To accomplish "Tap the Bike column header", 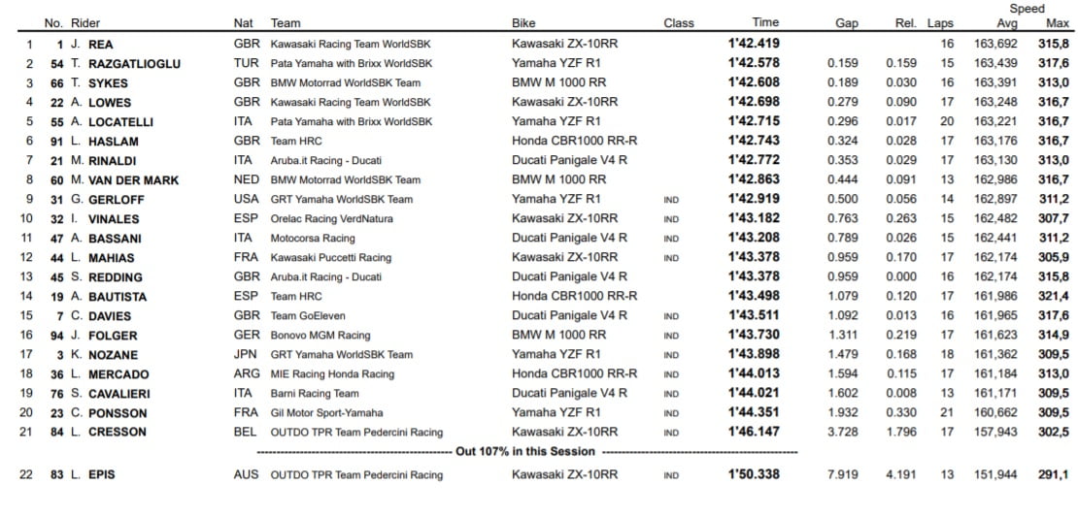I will [x=523, y=23].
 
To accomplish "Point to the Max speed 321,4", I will [x=1053, y=296].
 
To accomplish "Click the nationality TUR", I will [x=247, y=63].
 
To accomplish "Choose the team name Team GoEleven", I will [x=308, y=315].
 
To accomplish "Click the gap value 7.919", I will [x=841, y=474].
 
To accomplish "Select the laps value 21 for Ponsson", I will [x=947, y=412].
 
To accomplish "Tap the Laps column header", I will [x=940, y=23].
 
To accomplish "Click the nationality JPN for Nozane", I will [x=247, y=354].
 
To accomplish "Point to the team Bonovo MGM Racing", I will [x=320, y=335].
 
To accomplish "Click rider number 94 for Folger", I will [x=57, y=335].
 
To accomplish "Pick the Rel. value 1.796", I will [x=900, y=432].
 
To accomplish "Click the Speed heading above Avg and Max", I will [x=1027, y=9].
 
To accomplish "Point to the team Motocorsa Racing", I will [x=313, y=238].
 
